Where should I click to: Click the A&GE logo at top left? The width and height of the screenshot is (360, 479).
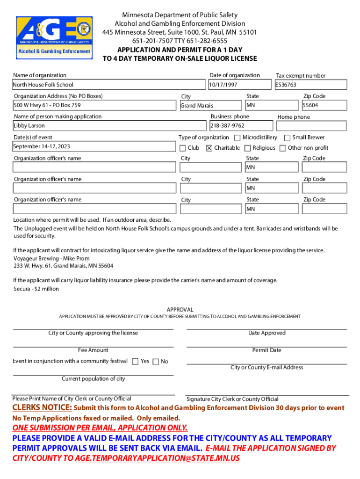(53, 36)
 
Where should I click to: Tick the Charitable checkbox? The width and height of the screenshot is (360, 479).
(209, 148)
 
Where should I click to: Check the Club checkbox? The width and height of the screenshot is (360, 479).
(183, 148)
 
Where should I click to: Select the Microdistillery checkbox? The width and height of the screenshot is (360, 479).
(237, 138)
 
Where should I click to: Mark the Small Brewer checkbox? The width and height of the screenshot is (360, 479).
(287, 138)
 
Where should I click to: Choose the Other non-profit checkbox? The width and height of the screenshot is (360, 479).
(282, 148)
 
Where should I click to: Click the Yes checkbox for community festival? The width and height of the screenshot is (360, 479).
(135, 361)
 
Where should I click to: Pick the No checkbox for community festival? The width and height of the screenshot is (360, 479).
(156, 361)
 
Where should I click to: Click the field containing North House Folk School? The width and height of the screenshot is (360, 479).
(109, 85)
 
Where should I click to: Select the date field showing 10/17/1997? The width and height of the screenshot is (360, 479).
(239, 85)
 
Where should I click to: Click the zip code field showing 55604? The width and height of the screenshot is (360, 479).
(324, 105)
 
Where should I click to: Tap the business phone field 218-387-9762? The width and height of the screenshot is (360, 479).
(240, 126)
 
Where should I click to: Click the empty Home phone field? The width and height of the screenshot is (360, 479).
(311, 126)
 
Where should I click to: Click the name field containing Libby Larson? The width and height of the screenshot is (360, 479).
(109, 126)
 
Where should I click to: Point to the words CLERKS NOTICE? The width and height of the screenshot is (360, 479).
(42, 408)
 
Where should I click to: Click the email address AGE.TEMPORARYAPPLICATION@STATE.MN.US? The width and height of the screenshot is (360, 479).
(157, 458)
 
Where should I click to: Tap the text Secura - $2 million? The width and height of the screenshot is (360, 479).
(36, 289)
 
